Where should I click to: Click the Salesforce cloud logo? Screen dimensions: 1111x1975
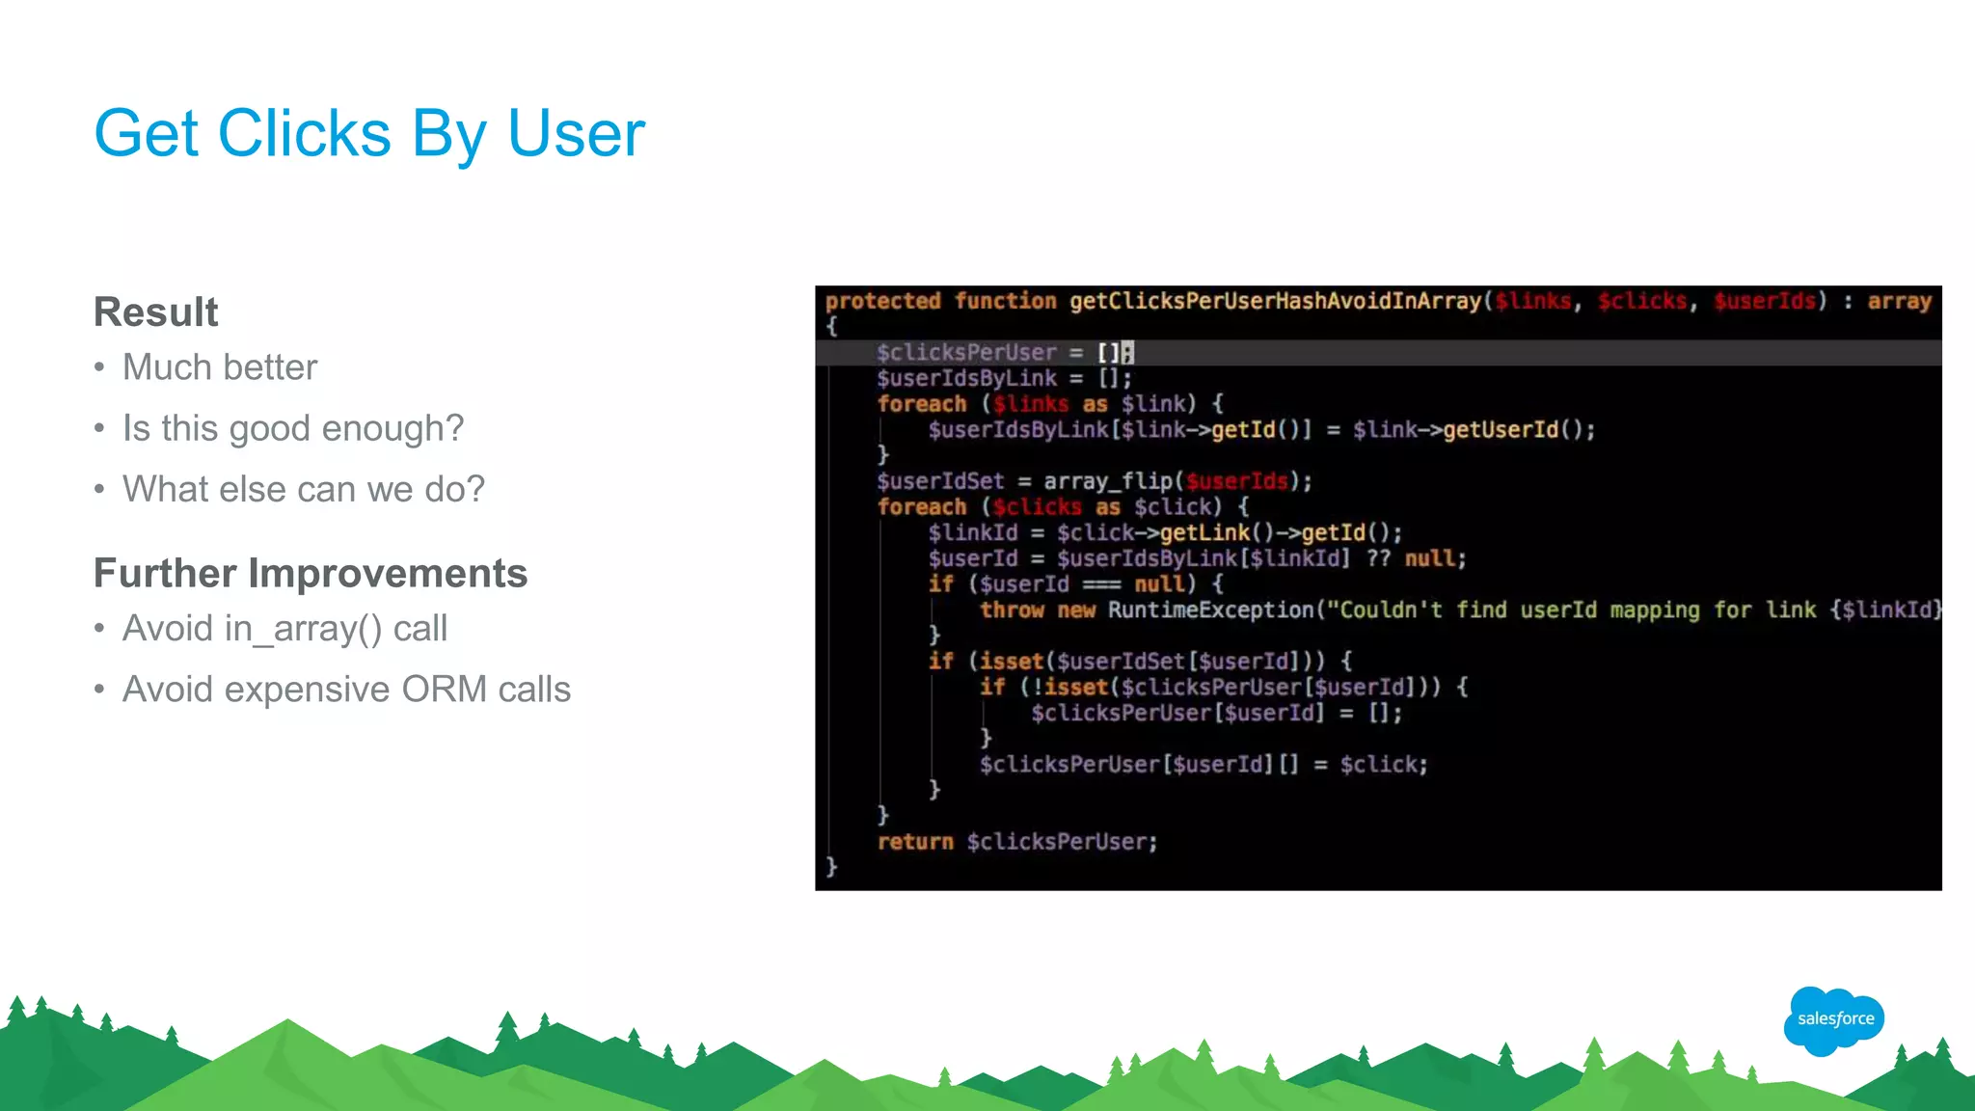pos(1834,1019)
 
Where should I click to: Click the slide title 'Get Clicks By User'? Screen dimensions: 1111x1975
pos(369,133)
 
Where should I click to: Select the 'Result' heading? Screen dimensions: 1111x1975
pos(156,312)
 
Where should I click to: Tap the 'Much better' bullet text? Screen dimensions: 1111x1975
pos(220,367)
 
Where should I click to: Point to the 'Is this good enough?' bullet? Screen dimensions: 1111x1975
pos(293,428)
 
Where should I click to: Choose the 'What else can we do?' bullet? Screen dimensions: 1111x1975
pos(304,490)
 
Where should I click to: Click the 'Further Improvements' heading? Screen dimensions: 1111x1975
pos(311,574)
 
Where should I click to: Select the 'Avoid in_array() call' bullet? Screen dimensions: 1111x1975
pos(284,629)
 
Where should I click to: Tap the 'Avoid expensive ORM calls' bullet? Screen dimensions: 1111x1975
pos(346,690)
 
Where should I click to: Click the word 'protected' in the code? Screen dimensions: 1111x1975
pos(882,301)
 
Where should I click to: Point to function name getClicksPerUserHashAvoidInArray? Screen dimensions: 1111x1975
pos(1275,301)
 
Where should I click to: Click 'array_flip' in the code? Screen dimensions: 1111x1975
pos(1108,481)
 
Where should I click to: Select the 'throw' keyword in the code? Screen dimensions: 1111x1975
pos(1012,610)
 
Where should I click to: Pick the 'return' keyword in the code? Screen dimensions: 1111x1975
pos(915,842)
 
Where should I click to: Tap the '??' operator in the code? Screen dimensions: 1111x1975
pos(1378,558)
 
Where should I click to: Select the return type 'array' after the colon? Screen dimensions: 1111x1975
pos(1899,301)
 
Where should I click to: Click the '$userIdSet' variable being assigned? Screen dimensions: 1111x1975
pos(940,481)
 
